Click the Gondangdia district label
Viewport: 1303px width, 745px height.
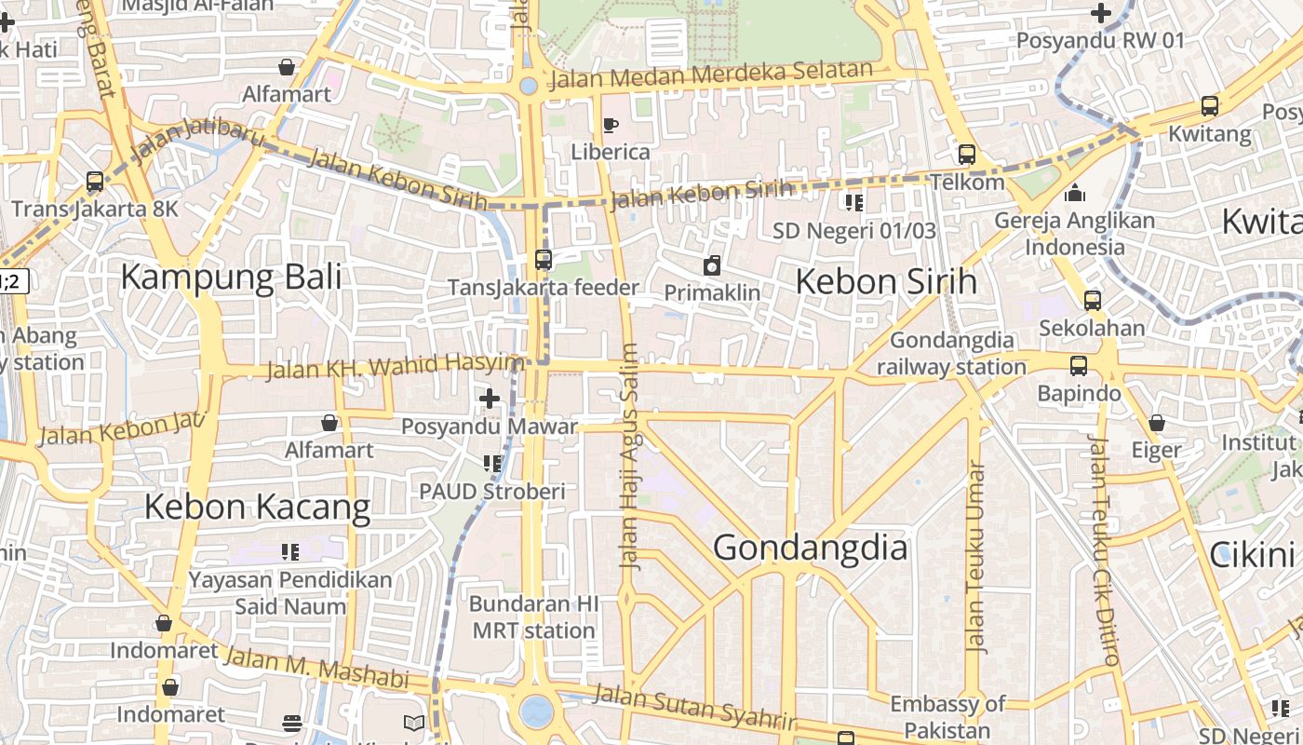810,548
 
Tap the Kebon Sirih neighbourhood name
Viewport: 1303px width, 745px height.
886,281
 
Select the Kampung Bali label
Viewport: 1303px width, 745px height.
231,277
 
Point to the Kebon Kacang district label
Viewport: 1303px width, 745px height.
257,508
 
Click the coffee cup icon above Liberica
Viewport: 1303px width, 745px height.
611,125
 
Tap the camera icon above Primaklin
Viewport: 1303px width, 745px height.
712,265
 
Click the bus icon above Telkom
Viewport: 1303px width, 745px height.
967,155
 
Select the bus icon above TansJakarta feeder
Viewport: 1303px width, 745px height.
544,260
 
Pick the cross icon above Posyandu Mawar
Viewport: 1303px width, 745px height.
490,400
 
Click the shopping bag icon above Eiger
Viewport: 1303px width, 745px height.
1157,423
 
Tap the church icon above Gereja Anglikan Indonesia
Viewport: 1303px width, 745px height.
1075,194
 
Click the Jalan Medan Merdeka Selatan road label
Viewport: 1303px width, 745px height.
711,74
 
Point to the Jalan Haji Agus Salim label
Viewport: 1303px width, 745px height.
630,456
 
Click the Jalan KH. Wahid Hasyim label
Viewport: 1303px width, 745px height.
395,366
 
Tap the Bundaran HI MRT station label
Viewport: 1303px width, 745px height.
533,616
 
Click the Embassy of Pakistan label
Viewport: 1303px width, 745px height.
947,716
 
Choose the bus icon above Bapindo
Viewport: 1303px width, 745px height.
1079,366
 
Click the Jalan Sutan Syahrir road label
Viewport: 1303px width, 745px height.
695,706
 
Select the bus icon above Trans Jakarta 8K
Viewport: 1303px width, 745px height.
95,182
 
